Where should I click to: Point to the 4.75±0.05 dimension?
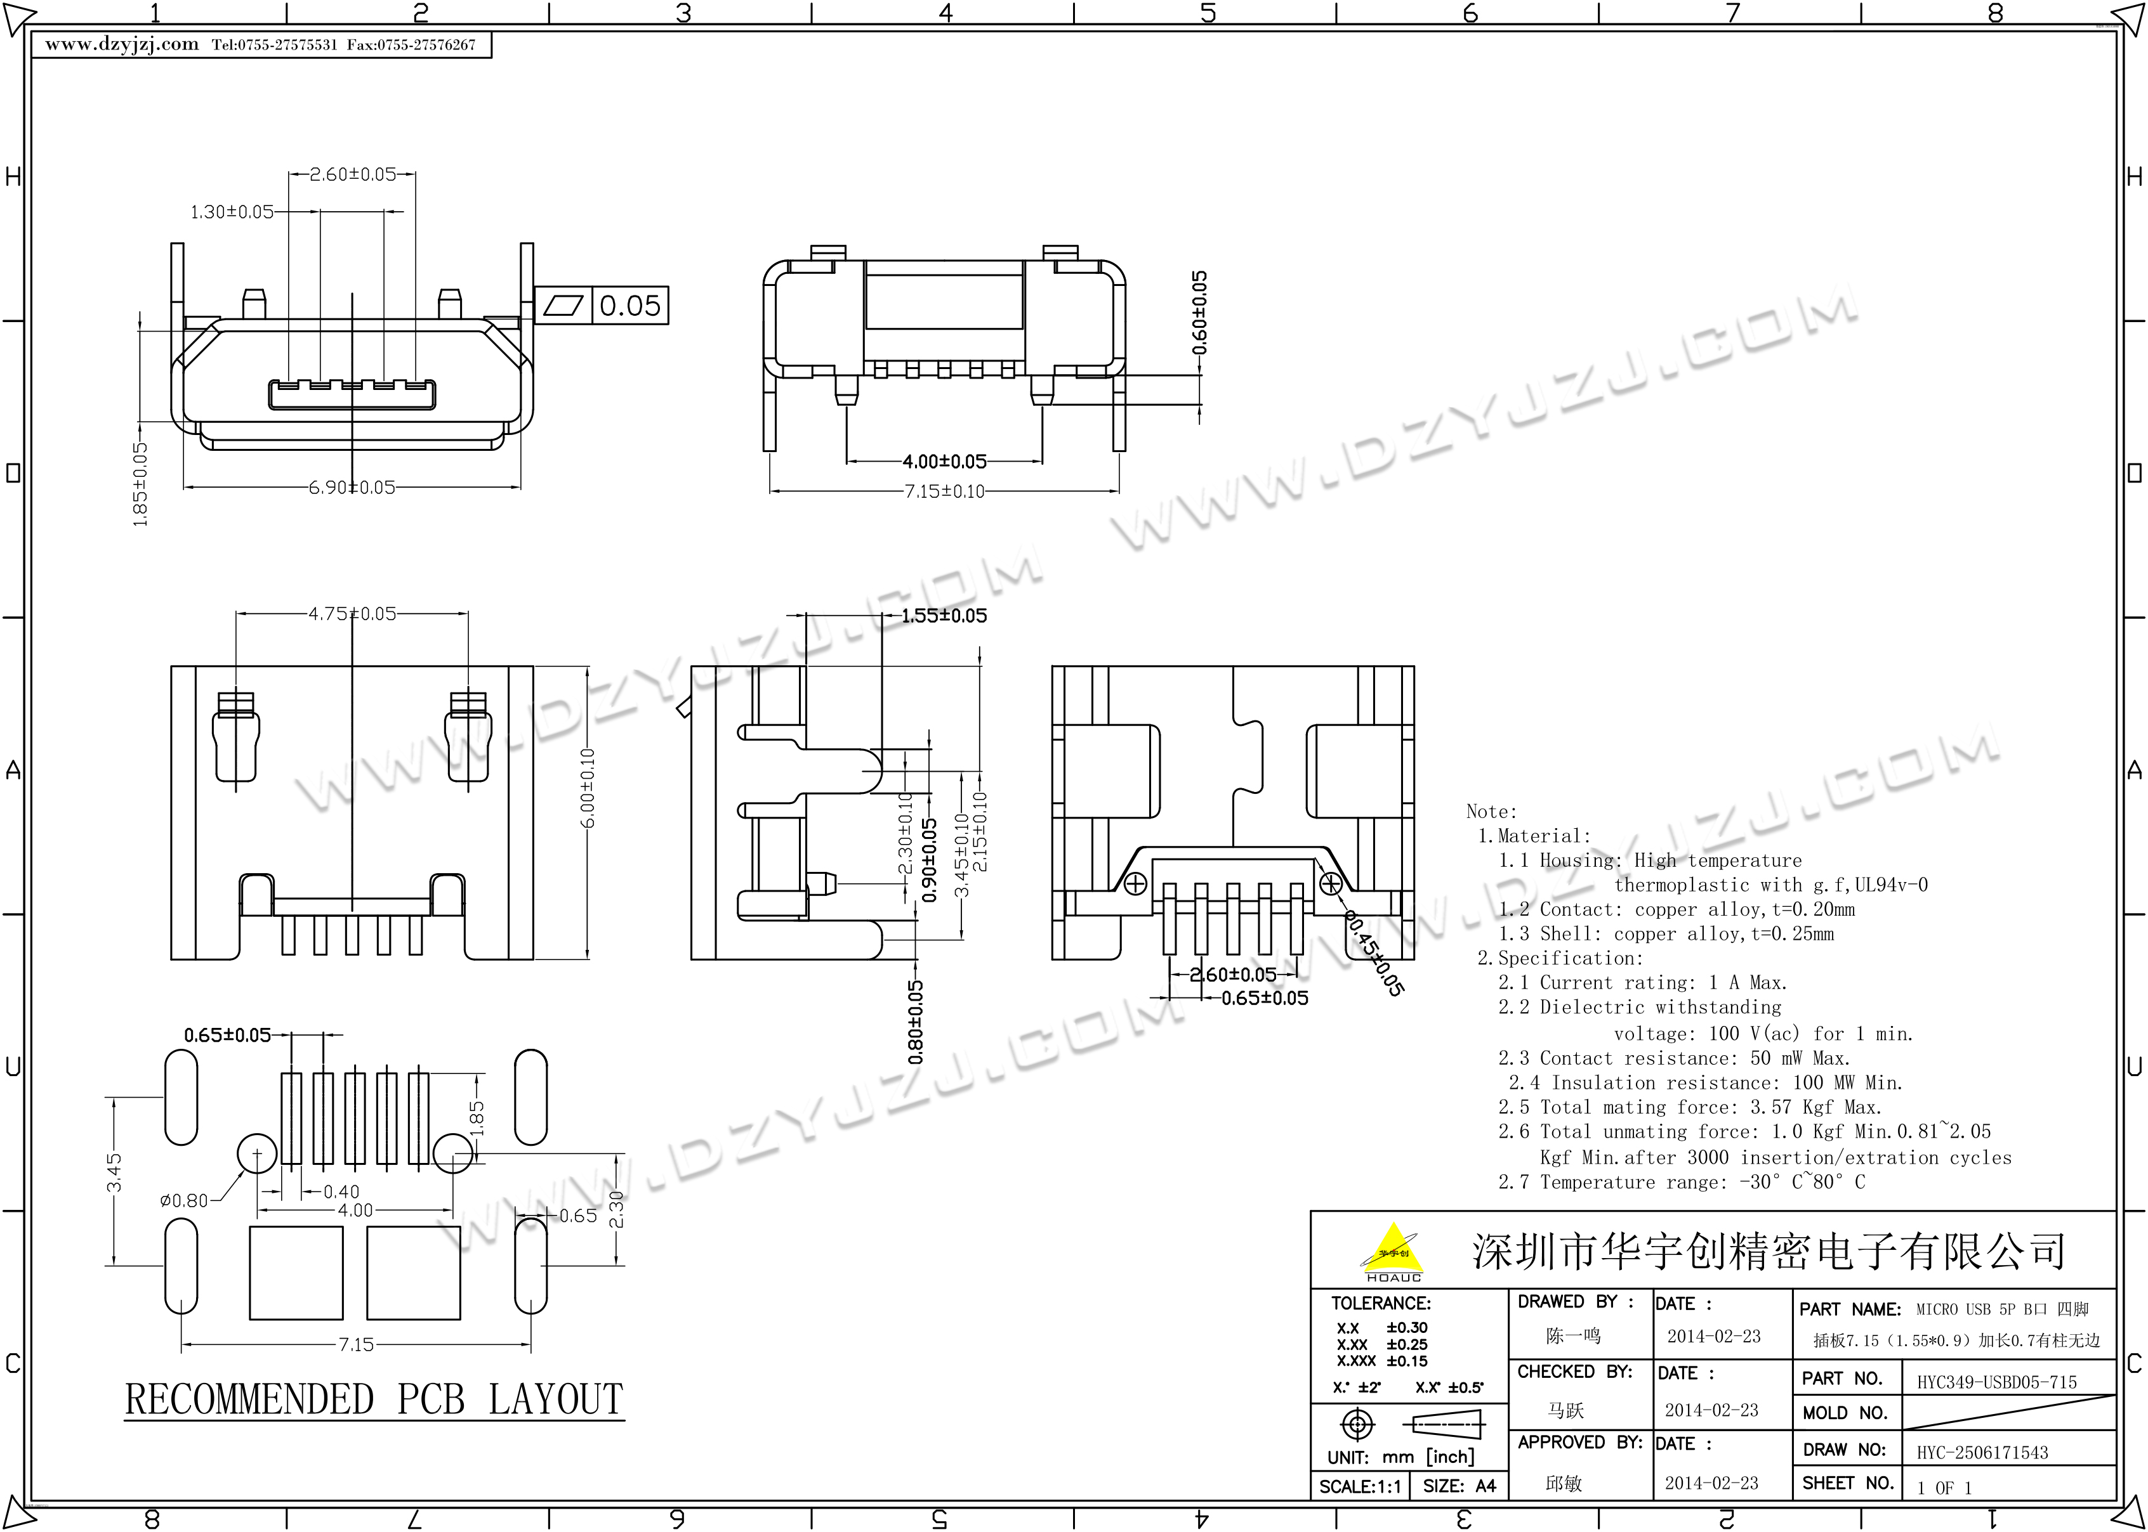(352, 614)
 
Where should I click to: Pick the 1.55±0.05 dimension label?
(944, 616)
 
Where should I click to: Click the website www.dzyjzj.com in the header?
(122, 44)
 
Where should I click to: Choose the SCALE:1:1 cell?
(1360, 1487)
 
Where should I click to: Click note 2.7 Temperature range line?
(1682, 1182)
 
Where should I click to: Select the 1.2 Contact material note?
(1676, 909)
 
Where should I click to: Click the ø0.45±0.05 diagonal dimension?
(1373, 953)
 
